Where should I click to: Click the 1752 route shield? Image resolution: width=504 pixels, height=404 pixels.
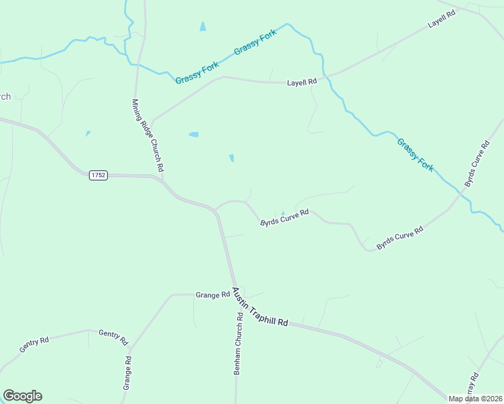pyautogui.click(x=98, y=175)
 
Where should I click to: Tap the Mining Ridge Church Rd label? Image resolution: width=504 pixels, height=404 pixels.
pyautogui.click(x=148, y=135)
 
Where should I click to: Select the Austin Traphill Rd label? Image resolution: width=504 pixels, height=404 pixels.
pyautogui.click(x=260, y=308)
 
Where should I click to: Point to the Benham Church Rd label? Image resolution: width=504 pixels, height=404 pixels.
pyautogui.click(x=238, y=344)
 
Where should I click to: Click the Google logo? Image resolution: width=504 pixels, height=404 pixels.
pyautogui.click(x=22, y=396)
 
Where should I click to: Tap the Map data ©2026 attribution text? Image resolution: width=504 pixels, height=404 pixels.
pyautogui.click(x=476, y=399)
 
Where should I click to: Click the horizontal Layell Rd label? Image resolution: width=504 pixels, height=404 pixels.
pyautogui.click(x=301, y=82)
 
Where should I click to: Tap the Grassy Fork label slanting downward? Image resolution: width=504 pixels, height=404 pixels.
pyautogui.click(x=415, y=154)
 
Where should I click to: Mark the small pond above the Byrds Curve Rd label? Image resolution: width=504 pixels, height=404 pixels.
pyautogui.click(x=283, y=213)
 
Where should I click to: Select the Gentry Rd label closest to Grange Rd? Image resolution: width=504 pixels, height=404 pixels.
pyautogui.click(x=113, y=337)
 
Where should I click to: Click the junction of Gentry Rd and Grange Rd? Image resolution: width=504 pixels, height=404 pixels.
pyautogui.click(x=129, y=349)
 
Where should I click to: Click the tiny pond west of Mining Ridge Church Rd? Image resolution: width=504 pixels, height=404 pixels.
pyautogui.click(x=88, y=133)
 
